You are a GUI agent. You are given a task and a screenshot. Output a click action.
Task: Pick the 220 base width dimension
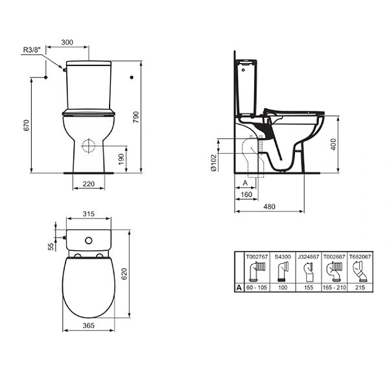point(89,185)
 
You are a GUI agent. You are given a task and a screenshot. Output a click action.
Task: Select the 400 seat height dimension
point(333,145)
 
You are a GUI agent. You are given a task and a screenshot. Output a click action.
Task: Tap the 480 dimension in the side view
point(270,207)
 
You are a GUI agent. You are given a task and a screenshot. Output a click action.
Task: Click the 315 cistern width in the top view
point(89,215)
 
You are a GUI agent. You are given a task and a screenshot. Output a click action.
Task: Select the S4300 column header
point(282,257)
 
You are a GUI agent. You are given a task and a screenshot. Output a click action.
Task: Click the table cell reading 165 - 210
point(335,287)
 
